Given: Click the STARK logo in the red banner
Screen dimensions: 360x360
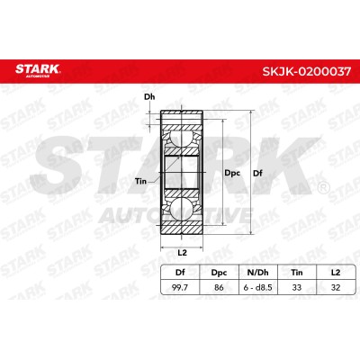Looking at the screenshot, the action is click(x=38, y=70).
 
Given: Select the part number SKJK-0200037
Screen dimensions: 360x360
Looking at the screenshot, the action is click(x=307, y=71).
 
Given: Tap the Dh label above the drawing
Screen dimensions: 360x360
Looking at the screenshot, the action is click(x=149, y=97).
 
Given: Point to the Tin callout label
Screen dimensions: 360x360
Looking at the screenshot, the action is click(x=140, y=181).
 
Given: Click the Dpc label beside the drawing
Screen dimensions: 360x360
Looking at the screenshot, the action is click(x=232, y=173).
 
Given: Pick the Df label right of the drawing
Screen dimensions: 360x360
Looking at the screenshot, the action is click(x=257, y=173).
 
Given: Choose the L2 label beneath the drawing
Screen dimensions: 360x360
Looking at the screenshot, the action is click(x=182, y=253).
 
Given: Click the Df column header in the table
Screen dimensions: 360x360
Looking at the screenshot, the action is click(x=180, y=273).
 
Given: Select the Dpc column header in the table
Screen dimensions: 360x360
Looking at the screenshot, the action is click(x=219, y=273).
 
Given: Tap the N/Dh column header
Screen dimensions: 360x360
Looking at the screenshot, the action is click(x=258, y=273).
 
